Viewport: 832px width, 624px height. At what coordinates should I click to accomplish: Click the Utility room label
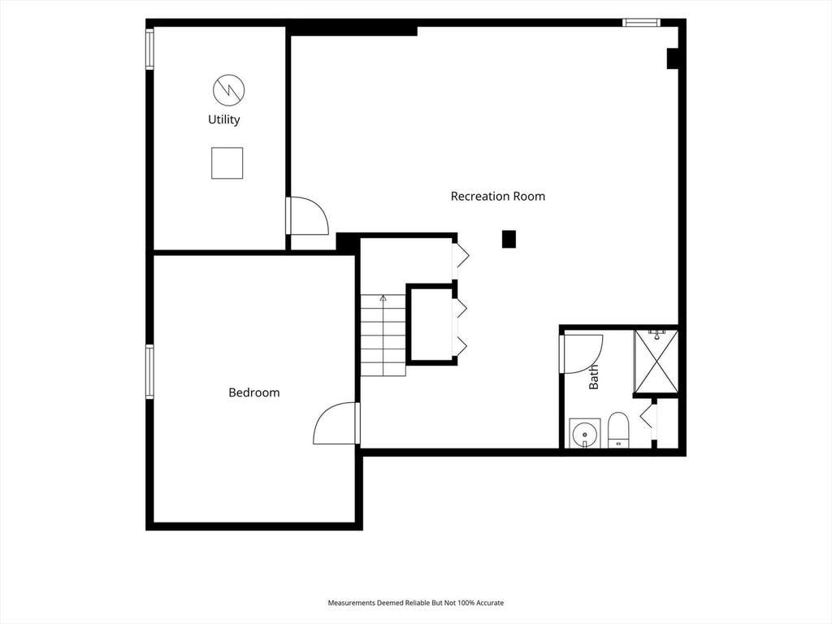[x=224, y=120]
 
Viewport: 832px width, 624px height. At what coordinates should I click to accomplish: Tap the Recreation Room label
[x=498, y=197]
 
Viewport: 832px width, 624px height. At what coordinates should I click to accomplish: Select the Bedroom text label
[x=253, y=392]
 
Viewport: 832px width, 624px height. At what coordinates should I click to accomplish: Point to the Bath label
[x=594, y=377]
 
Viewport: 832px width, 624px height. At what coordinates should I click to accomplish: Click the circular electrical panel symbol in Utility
[x=228, y=89]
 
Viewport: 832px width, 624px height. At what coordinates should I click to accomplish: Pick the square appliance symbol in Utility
[x=227, y=162]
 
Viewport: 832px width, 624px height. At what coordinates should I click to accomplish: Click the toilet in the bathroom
[x=617, y=429]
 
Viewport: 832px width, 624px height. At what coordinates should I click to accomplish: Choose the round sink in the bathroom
[x=585, y=433]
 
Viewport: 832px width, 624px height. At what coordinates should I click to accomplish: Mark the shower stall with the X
[x=656, y=363]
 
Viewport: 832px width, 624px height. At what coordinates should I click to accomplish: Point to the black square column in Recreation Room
[x=509, y=239]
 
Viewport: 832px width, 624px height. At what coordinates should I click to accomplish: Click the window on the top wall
[x=641, y=23]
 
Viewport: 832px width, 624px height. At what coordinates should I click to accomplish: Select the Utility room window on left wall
[x=149, y=49]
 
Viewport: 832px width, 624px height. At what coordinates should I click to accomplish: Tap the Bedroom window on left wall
[x=149, y=371]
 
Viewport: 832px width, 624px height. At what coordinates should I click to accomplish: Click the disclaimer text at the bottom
[x=415, y=603]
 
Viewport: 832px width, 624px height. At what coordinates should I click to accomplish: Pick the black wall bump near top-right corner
[x=672, y=58]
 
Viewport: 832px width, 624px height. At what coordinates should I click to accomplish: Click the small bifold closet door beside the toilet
[x=646, y=418]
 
